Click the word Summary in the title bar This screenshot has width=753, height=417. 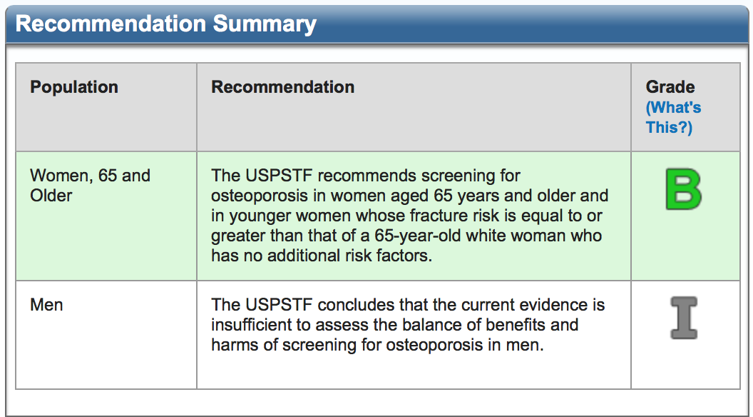click(x=265, y=24)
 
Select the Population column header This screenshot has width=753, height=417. click(x=74, y=87)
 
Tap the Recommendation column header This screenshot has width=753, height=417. click(x=283, y=87)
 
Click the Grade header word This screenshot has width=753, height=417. click(x=670, y=87)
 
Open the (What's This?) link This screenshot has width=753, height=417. click(x=673, y=117)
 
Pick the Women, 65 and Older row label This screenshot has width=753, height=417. click(x=91, y=186)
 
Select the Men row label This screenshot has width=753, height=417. click(x=46, y=305)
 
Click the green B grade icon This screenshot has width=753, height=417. click(x=683, y=189)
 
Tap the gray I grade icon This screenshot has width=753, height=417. click(x=684, y=318)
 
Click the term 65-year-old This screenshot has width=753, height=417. click(x=418, y=236)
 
